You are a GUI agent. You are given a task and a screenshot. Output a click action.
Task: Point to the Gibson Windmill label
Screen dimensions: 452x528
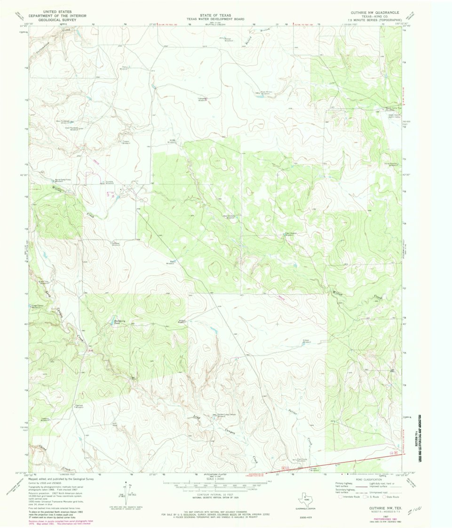(307, 341)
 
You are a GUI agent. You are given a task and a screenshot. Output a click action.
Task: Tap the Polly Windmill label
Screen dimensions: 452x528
(124, 67)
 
